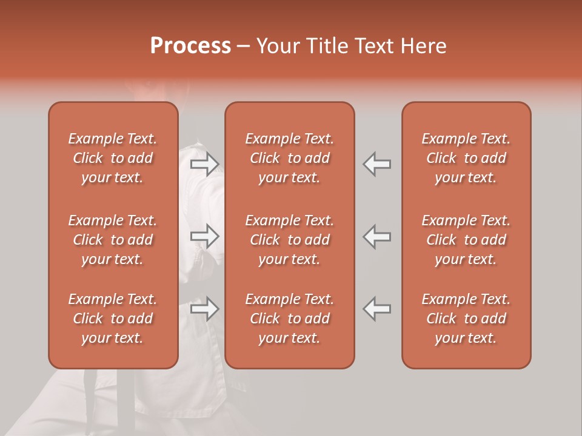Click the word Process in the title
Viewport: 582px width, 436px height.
[190, 46]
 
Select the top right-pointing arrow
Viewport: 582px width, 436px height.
[205, 163]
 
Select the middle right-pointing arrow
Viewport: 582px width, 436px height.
[205, 236]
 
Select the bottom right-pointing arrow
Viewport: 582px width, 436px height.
[205, 309]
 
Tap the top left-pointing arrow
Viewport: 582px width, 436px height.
[377, 163]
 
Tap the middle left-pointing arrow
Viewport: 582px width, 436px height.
[377, 236]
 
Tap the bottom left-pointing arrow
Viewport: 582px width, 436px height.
[377, 309]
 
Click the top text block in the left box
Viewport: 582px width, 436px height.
[113, 158]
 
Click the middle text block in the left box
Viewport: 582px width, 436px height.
[113, 240]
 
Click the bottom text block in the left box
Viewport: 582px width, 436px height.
[113, 319]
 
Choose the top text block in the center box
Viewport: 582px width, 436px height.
[290, 158]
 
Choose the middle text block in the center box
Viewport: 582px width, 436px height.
[290, 240]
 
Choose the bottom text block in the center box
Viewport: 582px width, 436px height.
[290, 319]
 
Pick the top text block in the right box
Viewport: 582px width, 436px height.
[466, 158]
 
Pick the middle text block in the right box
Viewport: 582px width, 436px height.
[466, 240]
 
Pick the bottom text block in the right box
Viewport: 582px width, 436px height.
[466, 319]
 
